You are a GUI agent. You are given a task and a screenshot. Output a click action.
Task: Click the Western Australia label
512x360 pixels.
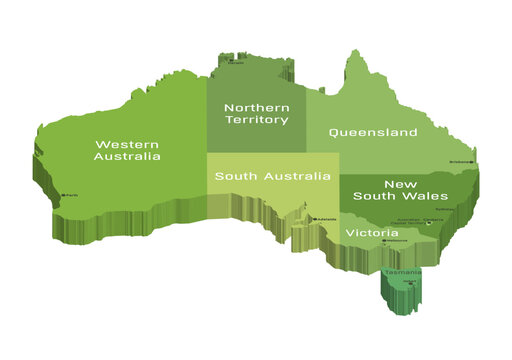127,149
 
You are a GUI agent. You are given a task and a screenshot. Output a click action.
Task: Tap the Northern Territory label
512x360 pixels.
257,114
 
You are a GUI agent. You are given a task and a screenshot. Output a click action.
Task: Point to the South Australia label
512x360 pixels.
273,176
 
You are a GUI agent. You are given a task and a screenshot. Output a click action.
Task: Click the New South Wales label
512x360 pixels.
386,190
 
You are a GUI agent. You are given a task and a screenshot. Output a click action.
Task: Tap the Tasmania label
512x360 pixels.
401,272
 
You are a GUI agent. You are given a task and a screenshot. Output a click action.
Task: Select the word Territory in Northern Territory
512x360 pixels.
257,120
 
